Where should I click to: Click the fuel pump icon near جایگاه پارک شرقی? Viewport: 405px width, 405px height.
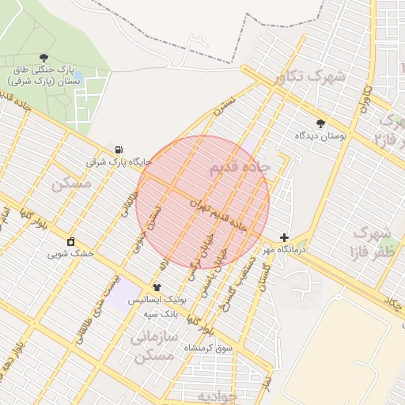point(119,150)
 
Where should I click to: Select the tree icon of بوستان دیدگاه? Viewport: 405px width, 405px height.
point(320,123)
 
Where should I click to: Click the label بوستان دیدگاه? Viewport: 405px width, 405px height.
point(320,136)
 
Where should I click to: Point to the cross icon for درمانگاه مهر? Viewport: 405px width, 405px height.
point(284,237)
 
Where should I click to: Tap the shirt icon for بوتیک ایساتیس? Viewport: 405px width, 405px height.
point(157,288)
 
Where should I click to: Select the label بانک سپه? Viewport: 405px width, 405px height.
point(158,313)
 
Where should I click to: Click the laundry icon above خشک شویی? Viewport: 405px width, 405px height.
point(71,241)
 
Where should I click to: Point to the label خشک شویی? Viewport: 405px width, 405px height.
point(70,254)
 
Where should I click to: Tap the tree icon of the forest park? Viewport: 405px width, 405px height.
point(44,57)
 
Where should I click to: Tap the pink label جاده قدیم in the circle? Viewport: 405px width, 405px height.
point(240,168)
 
